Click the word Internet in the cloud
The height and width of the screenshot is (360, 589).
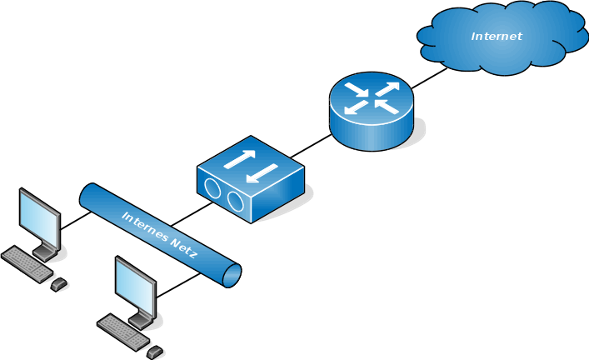point(496,36)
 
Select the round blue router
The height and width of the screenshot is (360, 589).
point(370,117)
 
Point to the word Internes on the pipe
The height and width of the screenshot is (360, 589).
point(146,223)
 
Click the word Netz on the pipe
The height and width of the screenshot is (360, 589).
point(183,247)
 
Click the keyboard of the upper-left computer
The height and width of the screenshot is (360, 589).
point(27,263)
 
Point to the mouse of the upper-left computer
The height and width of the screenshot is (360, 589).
point(58,284)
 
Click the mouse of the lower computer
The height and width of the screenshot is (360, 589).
point(155,351)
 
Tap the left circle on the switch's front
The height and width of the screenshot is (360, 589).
point(214,190)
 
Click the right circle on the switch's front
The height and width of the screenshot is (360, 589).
point(236,202)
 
